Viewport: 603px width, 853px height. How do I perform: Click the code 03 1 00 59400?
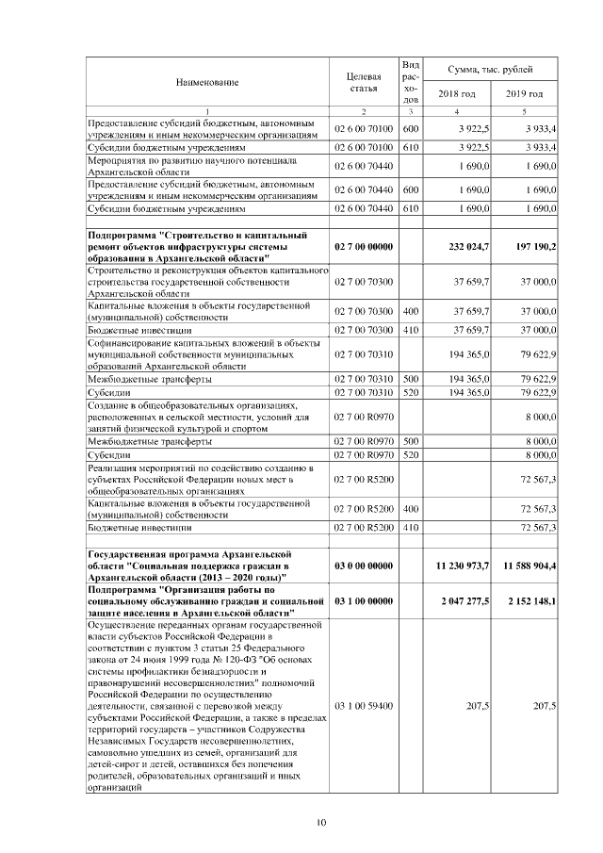(x=363, y=704)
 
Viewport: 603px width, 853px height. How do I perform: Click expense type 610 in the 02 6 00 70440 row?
(x=410, y=207)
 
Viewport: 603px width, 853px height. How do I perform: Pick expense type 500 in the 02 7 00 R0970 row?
(x=410, y=440)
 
